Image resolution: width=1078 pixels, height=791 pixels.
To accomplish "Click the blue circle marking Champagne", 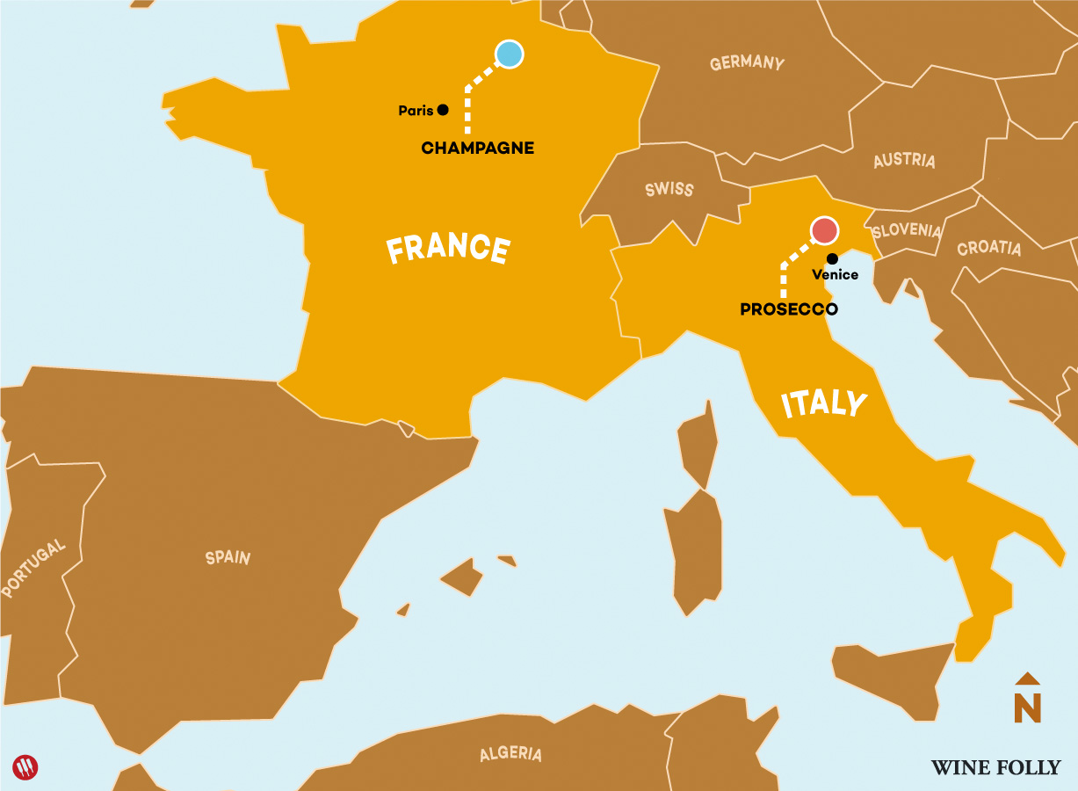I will tap(509, 54).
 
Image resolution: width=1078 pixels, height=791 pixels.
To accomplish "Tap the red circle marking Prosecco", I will tap(824, 230).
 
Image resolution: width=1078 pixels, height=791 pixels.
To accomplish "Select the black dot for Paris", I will tap(443, 110).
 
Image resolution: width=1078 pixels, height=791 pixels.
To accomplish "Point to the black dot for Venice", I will tap(832, 258).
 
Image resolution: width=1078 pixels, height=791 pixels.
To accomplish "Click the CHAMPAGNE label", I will tap(477, 148).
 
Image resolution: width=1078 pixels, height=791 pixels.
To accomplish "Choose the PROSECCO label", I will tap(788, 309).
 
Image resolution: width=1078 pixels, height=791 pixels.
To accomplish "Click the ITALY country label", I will tap(824, 403).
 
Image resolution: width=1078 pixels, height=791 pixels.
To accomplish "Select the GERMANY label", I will tap(747, 63).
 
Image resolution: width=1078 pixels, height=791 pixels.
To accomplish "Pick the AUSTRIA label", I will tap(904, 161).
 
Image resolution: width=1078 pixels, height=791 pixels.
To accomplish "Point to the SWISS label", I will tap(669, 189).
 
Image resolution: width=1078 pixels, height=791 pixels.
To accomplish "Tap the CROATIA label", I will tap(989, 248).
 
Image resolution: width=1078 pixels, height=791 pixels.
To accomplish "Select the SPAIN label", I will tap(228, 557).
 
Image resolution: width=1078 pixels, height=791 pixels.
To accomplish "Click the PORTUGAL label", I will tap(33, 570).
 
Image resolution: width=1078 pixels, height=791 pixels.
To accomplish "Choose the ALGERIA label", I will tap(510, 754).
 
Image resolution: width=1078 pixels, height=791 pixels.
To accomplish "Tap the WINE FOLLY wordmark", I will tap(995, 767).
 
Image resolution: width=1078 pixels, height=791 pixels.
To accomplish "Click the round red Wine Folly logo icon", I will tap(26, 767).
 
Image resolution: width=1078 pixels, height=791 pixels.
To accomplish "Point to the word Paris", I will tap(416, 111).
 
